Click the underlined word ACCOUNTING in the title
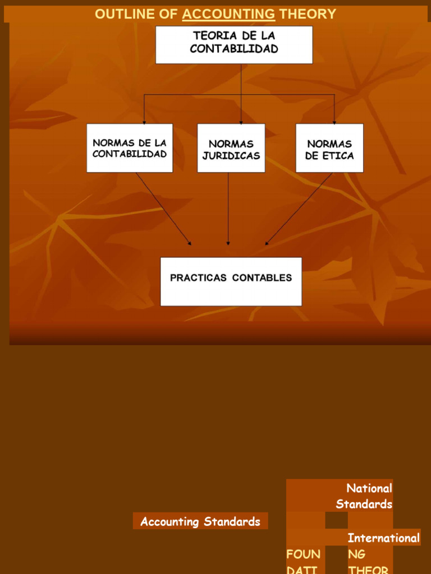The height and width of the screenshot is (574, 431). tap(228, 15)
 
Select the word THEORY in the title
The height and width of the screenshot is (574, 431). tap(308, 15)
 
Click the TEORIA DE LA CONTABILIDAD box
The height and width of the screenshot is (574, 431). tap(234, 44)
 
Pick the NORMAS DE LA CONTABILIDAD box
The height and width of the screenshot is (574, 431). tap(130, 148)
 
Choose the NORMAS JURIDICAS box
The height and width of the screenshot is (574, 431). tap(231, 148)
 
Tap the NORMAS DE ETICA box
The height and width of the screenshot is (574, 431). tap(329, 148)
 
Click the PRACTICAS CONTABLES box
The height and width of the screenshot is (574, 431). tap(231, 281)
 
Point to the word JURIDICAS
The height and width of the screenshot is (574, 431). tap(231, 155)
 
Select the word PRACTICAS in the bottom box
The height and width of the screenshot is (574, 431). tap(199, 277)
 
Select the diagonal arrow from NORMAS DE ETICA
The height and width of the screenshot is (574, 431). tap(299, 209)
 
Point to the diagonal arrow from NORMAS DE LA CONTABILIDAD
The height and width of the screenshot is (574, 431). tap(163, 209)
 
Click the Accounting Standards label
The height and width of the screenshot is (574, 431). tap(200, 522)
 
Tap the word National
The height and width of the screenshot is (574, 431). tap(369, 488)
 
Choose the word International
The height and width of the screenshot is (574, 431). tap(384, 538)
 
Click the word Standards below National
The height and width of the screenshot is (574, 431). tap(364, 504)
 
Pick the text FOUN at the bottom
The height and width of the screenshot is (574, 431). tap(304, 554)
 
